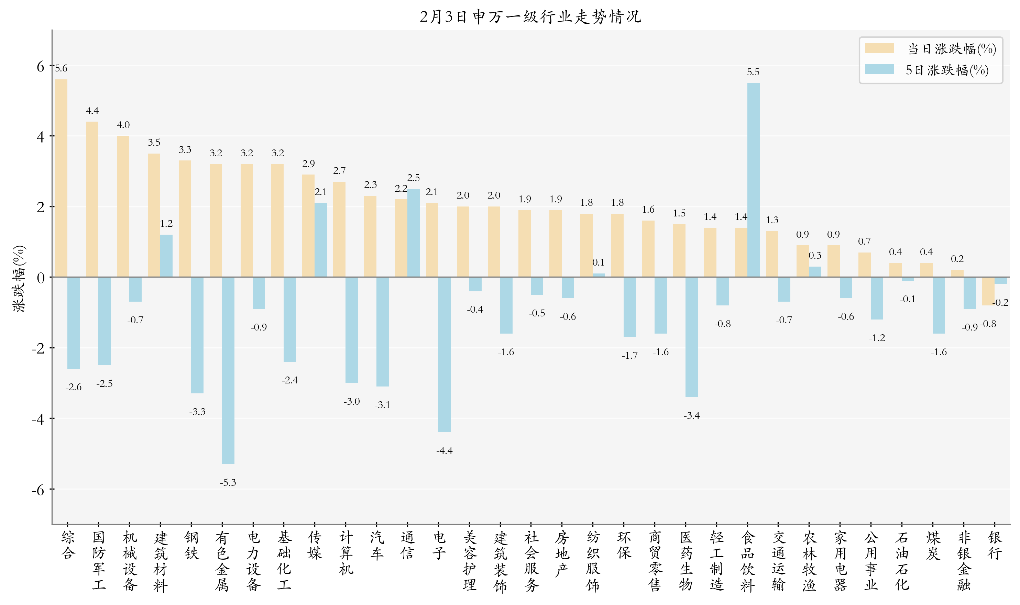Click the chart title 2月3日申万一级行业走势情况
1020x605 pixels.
530,17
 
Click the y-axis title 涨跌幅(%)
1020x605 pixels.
19,278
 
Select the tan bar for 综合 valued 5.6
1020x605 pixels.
61,178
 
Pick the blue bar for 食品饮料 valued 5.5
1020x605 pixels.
753,180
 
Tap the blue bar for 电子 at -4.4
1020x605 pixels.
444,355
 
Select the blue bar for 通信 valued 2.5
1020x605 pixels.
413,233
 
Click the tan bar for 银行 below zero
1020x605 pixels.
988,291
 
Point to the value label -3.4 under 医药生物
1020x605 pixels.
691,415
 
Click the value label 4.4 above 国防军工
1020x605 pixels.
92,111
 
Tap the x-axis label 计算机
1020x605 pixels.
346,553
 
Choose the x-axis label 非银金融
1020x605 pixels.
964,561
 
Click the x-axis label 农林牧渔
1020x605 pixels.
809,561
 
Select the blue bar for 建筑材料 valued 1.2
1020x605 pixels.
166,256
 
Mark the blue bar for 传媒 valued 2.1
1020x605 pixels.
320,240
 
